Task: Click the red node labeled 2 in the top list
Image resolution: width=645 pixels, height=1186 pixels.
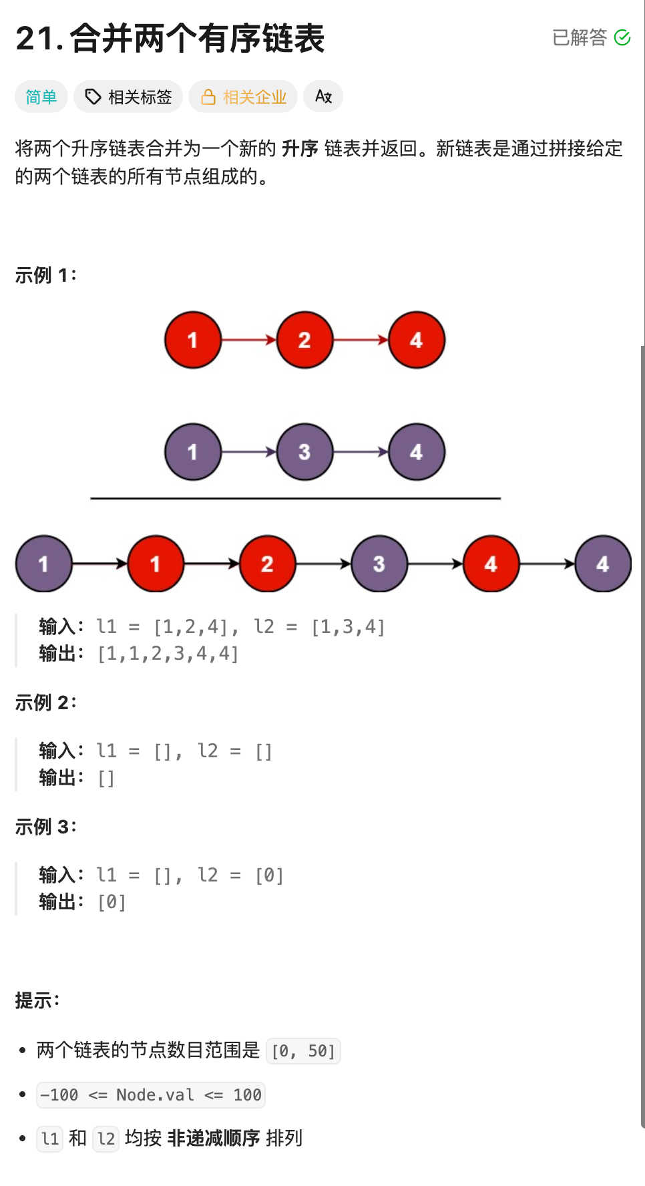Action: pyautogui.click(x=304, y=340)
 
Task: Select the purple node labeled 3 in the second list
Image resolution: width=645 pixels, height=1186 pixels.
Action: pyautogui.click(x=304, y=452)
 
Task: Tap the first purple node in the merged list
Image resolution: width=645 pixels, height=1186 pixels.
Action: pyautogui.click(x=43, y=564)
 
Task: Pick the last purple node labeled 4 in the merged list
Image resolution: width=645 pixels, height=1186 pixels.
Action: pyautogui.click(x=603, y=564)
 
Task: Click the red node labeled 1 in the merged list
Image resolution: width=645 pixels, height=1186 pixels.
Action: pyautogui.click(x=156, y=564)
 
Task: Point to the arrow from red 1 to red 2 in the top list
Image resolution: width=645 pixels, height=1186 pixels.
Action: pyautogui.click(x=248, y=340)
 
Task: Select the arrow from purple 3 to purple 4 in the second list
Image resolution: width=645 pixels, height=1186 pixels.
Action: pyautogui.click(x=361, y=452)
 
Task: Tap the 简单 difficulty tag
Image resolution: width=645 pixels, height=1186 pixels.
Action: pyautogui.click(x=41, y=97)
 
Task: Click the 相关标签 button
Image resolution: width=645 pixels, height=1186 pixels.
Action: pyautogui.click(x=128, y=97)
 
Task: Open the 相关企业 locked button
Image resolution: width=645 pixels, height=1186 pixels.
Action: pyautogui.click(x=243, y=97)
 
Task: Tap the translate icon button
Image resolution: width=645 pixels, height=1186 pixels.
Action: pyautogui.click(x=323, y=97)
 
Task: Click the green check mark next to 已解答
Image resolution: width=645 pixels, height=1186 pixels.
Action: pyautogui.click(x=622, y=37)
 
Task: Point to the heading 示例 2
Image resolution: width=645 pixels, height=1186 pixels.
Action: pyautogui.click(x=45, y=703)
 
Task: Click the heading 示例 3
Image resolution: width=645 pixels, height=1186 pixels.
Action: pyautogui.click(x=45, y=827)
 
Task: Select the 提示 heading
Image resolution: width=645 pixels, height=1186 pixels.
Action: pyautogui.click(x=37, y=1000)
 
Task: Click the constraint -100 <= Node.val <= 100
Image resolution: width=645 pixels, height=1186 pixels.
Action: pyautogui.click(x=151, y=1095)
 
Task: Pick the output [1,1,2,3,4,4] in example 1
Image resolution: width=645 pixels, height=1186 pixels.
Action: pyautogui.click(x=168, y=654)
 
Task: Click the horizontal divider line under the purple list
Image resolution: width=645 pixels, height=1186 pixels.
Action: pyautogui.click(x=295, y=498)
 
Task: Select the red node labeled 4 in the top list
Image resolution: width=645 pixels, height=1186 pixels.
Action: pyautogui.click(x=417, y=340)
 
